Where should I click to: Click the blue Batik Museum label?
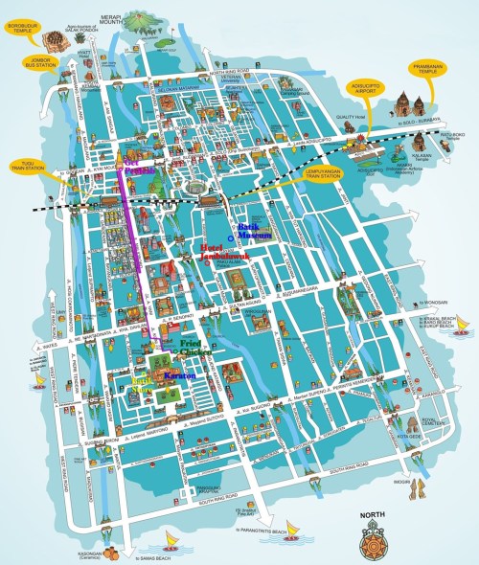click(x=256, y=231)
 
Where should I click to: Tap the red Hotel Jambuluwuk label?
click(x=224, y=254)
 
